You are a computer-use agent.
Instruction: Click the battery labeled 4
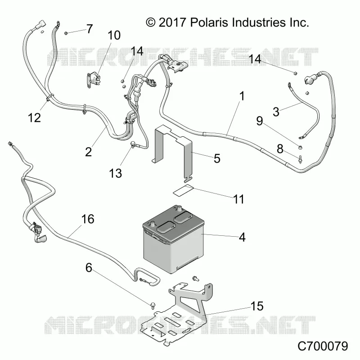pyautogui.click(x=173, y=239)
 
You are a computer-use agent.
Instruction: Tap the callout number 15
pyautogui.click(x=257, y=306)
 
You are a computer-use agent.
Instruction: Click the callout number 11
pyautogui.click(x=239, y=199)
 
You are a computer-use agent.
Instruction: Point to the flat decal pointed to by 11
pyautogui.click(x=183, y=190)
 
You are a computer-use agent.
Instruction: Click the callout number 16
pyautogui.click(x=88, y=219)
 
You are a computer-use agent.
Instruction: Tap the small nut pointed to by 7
pyautogui.click(x=65, y=33)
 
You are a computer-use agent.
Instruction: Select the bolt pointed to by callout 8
pyautogui.click(x=300, y=159)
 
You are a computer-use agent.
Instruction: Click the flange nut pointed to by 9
pyautogui.click(x=300, y=147)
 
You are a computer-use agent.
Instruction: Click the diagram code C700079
pyautogui.click(x=323, y=346)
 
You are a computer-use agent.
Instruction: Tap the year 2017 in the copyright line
pyautogui.click(x=172, y=22)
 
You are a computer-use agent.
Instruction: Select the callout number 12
pyautogui.click(x=34, y=118)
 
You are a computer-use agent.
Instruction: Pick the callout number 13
pyautogui.click(x=116, y=173)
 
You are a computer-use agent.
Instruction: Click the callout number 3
pyautogui.click(x=276, y=112)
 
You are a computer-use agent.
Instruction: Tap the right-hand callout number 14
pyautogui.click(x=255, y=59)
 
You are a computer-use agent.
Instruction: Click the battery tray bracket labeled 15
pyautogui.click(x=176, y=314)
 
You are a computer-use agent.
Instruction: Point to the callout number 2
pyautogui.click(x=88, y=152)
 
